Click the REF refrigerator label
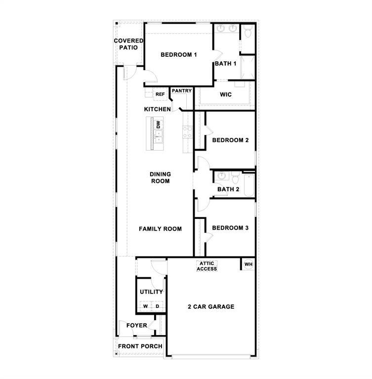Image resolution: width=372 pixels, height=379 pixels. [160, 94]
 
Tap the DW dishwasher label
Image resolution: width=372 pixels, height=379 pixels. [159, 125]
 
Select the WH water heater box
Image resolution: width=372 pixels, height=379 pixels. [248, 264]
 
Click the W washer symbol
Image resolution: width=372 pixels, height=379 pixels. [145, 306]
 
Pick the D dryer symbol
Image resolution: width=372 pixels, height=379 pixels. [157, 306]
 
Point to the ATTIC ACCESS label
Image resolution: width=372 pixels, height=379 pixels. [207, 266]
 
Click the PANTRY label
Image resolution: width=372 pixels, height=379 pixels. [182, 91]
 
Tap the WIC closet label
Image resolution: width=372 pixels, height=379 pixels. [226, 94]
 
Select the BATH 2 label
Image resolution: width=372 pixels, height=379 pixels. [228, 189]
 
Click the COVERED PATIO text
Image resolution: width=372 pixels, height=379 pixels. [129, 44]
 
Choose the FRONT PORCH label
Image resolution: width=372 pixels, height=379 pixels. [140, 346]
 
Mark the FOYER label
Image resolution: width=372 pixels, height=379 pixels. [136, 326]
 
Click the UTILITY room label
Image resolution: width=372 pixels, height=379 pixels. [151, 292]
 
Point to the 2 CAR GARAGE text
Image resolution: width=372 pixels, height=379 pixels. [211, 306]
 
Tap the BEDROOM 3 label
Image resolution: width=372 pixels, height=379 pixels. [230, 228]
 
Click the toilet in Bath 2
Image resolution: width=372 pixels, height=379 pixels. [236, 176]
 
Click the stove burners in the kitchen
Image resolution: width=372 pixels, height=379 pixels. [187, 131]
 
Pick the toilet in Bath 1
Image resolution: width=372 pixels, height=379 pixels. [248, 32]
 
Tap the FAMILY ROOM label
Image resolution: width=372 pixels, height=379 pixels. [160, 229]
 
